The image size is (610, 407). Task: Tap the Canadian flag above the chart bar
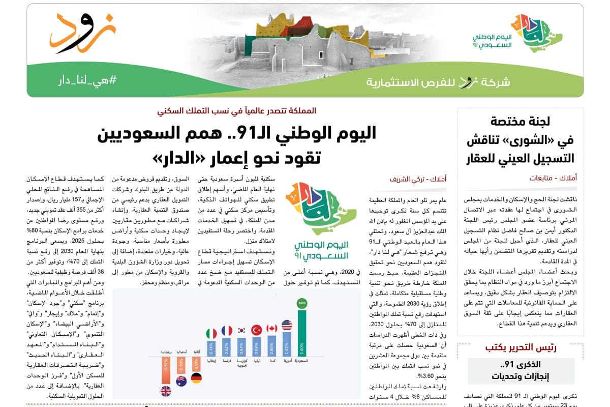point(272,328)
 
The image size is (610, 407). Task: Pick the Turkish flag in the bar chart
point(257,330)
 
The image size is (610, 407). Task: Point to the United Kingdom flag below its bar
point(166,391)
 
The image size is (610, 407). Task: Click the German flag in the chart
point(196,378)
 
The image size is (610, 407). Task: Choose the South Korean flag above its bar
point(242,330)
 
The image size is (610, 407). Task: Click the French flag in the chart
point(227,331)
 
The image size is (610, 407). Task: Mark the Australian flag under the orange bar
point(181,381)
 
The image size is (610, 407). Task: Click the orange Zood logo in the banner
point(81,33)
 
